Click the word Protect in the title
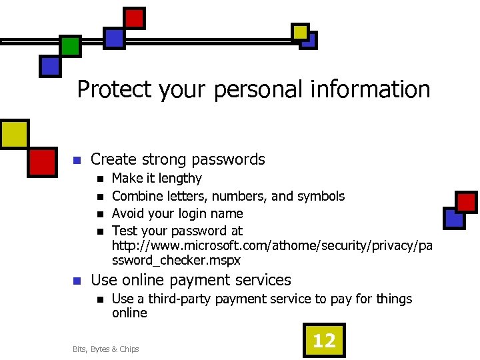click(x=115, y=89)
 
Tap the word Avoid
click(x=128, y=213)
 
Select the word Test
click(x=124, y=231)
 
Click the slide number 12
click(x=324, y=341)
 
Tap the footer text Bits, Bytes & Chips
click(x=105, y=349)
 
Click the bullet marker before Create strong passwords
click(x=77, y=161)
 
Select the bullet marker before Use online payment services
click(x=77, y=281)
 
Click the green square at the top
click(x=70, y=46)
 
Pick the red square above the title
click(x=135, y=18)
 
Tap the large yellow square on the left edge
click(x=13, y=133)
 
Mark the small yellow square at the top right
click(x=301, y=31)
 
